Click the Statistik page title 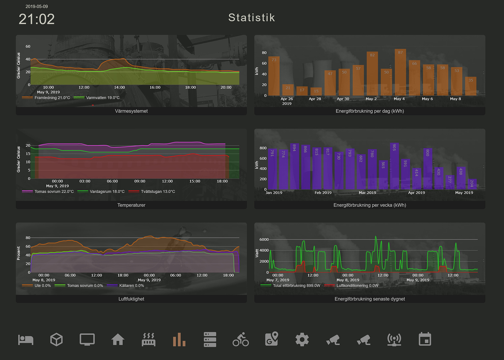(251, 18)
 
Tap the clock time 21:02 (37, 19)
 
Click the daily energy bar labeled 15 (316, 92)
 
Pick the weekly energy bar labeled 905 (394, 166)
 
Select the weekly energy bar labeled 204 (472, 184)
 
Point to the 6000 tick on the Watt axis (264, 240)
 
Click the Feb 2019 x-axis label (323, 193)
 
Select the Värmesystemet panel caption (131, 111)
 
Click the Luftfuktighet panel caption (131, 299)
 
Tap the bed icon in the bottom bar (26, 340)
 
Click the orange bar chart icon (179, 340)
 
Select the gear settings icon (302, 340)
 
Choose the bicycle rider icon (241, 340)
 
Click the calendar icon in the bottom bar (425, 340)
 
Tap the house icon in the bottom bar (118, 340)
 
